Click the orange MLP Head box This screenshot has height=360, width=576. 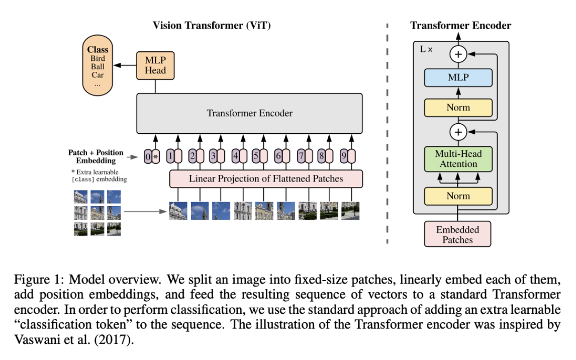click(x=155, y=65)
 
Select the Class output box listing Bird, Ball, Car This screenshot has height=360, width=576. click(x=98, y=68)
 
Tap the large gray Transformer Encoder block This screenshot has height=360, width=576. click(x=249, y=113)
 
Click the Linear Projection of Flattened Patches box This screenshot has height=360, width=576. click(x=266, y=178)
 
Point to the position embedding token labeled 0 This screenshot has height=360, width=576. click(x=147, y=156)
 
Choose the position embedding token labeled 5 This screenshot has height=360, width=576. click(x=256, y=156)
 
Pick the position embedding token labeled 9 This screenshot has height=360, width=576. click(x=343, y=156)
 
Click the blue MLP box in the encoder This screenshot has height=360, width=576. click(x=458, y=78)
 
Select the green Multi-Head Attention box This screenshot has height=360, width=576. click(x=458, y=159)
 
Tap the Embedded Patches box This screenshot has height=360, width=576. click(x=457, y=234)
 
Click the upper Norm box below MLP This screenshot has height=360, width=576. click(x=458, y=107)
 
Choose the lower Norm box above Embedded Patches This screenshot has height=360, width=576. click(x=458, y=196)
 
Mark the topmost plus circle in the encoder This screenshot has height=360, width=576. click(x=458, y=54)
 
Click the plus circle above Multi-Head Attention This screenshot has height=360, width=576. click(x=458, y=132)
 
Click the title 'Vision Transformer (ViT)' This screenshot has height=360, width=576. click(x=212, y=26)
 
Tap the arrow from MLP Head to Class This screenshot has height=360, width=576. click(x=125, y=65)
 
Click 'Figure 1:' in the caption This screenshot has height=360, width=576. click(x=34, y=279)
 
